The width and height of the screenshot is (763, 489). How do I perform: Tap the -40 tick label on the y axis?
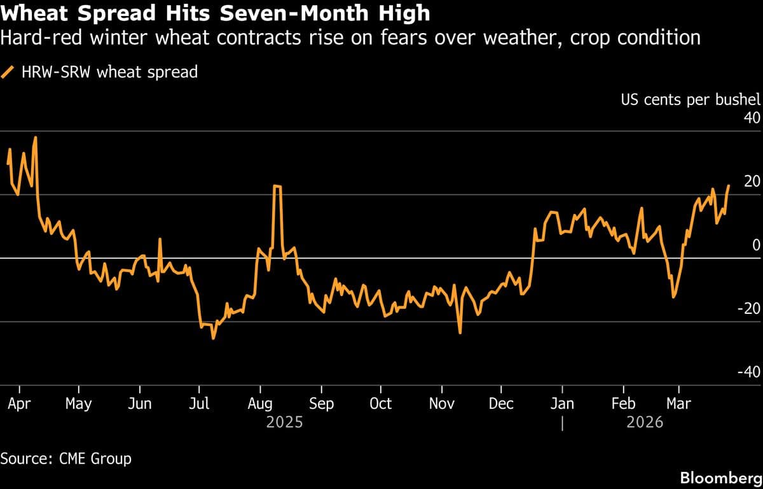coord(748,372)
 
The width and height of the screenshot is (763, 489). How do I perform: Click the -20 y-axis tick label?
coord(748,309)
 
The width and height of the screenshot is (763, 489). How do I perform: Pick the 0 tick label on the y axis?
coord(756,245)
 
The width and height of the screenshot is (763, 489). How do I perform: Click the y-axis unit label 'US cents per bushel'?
coord(690,100)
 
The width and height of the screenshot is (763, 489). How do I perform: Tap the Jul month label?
coord(199,404)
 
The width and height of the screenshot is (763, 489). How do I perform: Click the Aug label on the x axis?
coord(260,404)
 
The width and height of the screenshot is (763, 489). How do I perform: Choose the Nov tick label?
coord(441,404)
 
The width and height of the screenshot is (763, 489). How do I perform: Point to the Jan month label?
coord(562,404)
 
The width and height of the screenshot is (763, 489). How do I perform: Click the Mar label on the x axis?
coord(678,404)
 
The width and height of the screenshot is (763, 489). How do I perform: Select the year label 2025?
coord(284,422)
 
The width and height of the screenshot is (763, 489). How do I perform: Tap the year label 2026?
coord(645,422)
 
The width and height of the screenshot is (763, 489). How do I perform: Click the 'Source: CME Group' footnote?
coord(66,458)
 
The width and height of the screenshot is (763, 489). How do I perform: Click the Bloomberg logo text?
coord(721,478)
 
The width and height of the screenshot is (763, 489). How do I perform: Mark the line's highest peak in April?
coord(35,137)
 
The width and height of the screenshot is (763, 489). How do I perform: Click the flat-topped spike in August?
coord(277,186)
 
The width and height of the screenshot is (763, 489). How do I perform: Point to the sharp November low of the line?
coord(460,332)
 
